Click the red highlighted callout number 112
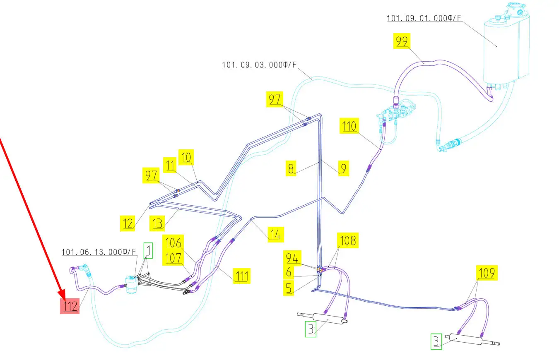70,306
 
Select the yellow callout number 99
402,41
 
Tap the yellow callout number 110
349,126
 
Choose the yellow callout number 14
275,235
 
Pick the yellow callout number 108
348,240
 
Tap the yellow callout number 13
157,224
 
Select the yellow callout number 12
128,224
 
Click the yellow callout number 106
173,242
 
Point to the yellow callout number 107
173,258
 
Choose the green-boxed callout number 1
148,251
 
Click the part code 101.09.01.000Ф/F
424,18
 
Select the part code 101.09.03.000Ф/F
259,65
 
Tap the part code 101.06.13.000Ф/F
99,252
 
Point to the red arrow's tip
63,297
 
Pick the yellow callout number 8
292,169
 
